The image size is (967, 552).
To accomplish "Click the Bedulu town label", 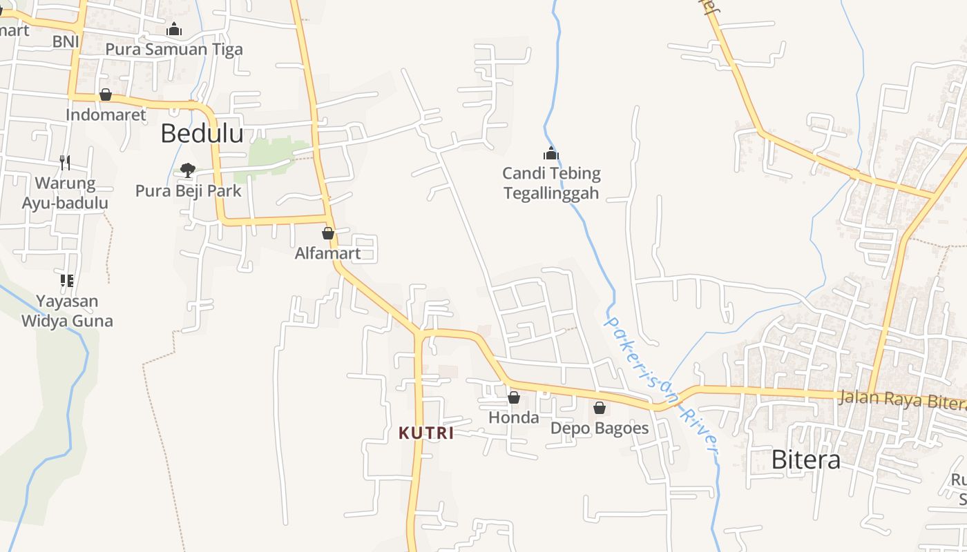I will coord(202,133).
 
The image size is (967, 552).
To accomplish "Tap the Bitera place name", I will coord(805,460).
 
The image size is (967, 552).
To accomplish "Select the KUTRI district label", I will coord(426,433).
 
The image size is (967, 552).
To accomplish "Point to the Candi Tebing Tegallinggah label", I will coord(551,183).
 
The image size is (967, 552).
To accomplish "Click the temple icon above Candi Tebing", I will coord(551,153).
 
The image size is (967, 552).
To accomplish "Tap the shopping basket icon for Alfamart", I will coord(328,233).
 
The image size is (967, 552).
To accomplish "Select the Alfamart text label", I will coord(327,253).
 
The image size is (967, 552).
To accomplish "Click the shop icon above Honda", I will coord(514,397).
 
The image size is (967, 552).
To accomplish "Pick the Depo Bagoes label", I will coord(600,428).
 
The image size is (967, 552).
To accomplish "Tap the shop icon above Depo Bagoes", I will coord(600,408).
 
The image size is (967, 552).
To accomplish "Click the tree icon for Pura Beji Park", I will coord(187,170).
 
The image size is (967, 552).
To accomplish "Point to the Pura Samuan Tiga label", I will coord(174,49).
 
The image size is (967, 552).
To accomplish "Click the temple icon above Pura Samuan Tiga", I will coord(174,29).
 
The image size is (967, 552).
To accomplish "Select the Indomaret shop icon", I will coord(106,95).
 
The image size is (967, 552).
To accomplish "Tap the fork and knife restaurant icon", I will coord(65,163).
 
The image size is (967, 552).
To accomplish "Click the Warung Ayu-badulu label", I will coord(65,193).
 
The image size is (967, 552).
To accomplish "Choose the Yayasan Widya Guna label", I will coord(67,311).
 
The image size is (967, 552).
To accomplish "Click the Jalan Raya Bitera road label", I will coord(901,400).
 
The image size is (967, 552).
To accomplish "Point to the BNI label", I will coord(66,41).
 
